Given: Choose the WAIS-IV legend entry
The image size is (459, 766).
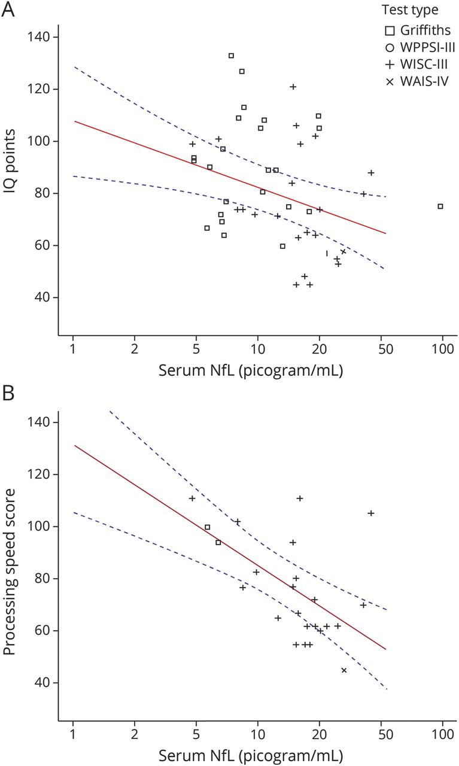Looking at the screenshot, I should click(413, 79).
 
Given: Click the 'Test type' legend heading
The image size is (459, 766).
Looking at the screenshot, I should click(409, 10).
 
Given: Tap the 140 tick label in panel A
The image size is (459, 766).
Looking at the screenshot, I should click(40, 37).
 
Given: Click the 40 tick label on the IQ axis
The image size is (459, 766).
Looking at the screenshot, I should click(43, 297).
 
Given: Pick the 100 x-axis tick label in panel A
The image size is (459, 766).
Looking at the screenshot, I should click(442, 349).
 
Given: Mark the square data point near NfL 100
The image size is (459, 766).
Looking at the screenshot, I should click(440, 206).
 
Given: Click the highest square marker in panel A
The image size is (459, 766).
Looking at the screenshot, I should click(231, 56).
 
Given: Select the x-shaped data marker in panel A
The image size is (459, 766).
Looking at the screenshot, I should click(343, 251).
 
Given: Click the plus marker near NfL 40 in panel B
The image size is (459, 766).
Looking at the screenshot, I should click(371, 513).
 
